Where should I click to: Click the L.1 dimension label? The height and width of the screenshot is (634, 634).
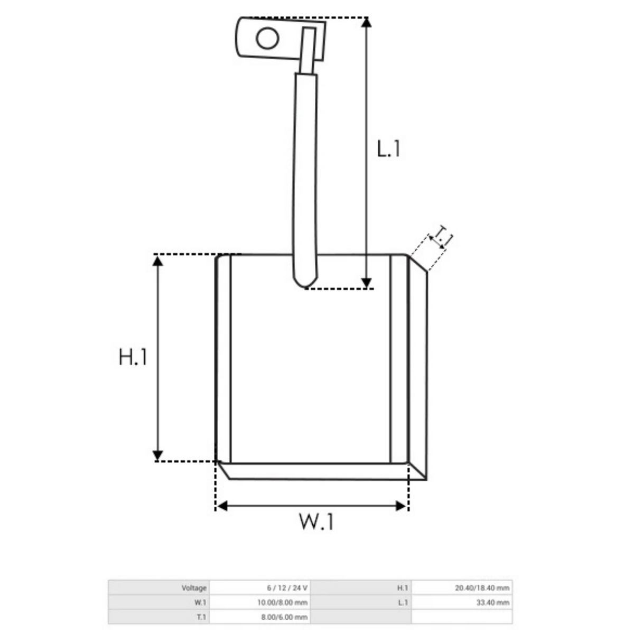(388, 148)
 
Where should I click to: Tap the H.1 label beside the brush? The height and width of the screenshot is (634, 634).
(133, 357)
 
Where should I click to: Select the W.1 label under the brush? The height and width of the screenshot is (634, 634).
(316, 521)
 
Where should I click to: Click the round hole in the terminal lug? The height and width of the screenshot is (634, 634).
(267, 38)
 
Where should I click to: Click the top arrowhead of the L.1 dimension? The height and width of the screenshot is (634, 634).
(366, 22)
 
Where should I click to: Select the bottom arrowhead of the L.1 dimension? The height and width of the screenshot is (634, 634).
(366, 283)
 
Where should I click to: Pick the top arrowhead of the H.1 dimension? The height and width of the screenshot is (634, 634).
(158, 261)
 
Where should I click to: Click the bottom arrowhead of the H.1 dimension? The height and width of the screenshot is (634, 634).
(158, 455)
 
